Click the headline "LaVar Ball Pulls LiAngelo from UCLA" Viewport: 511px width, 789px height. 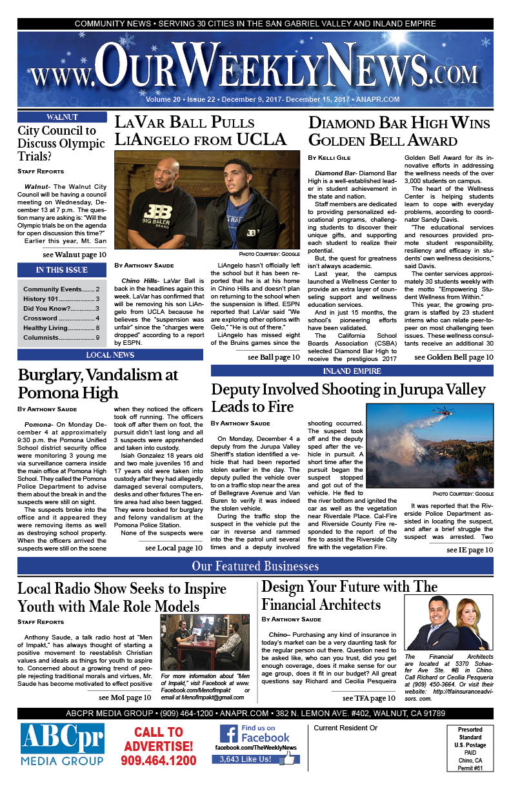pyautogui.click(x=201, y=130)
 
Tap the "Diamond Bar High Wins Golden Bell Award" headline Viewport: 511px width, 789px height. pyautogui.click(x=399, y=131)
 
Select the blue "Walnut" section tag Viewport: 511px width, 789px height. pyautogui.click(x=62, y=117)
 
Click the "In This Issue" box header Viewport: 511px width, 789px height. pyautogui.click(x=62, y=270)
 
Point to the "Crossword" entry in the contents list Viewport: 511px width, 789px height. pyautogui.click(x=61, y=318)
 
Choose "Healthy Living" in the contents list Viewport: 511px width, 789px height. pyautogui.click(x=61, y=327)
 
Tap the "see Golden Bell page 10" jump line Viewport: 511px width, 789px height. pyautogui.click(x=454, y=357)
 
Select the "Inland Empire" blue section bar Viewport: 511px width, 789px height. pyautogui.click(x=352, y=371)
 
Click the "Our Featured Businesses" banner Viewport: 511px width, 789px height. pyautogui.click(x=255, y=567)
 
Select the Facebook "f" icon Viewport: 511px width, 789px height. pyautogui.click(x=228, y=734)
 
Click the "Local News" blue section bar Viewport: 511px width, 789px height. pyautogui.click(x=110, y=355)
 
